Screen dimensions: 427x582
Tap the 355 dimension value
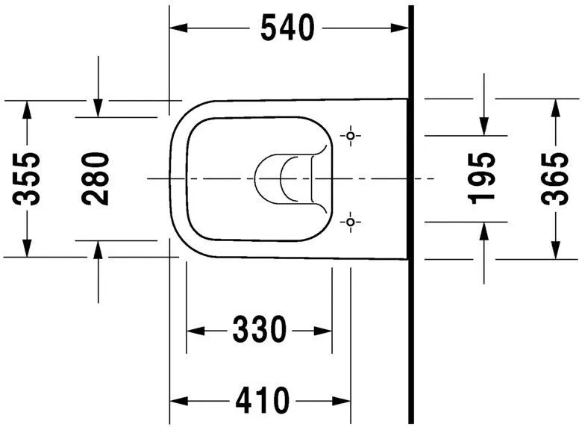coord(28,179)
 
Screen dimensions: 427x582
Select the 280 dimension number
coord(96,179)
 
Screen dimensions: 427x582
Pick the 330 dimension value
coord(259,329)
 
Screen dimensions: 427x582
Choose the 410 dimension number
coord(262,401)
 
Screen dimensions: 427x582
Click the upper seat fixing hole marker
coord(351,136)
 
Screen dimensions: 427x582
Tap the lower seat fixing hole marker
coord(351,222)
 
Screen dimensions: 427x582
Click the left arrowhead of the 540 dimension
coord(178,28)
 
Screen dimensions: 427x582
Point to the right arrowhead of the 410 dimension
coord(343,401)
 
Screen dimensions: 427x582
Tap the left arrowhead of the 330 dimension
coord(193,329)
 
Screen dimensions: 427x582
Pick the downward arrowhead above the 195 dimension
coord(483,128)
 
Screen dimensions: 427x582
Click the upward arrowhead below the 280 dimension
coord(98,249)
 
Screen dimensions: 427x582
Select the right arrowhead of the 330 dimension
coord(325,329)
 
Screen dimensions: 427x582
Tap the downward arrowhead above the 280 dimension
coord(98,109)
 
